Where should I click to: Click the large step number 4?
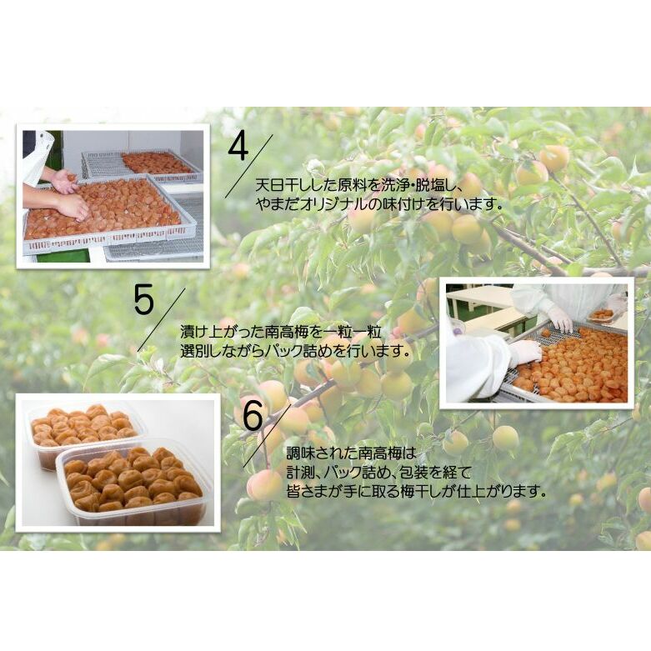[238, 148]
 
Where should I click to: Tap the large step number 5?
[143, 300]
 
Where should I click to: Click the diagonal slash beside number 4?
[249, 166]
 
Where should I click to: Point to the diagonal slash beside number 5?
[161, 320]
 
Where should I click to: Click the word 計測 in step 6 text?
[300, 473]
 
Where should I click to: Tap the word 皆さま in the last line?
[308, 492]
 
